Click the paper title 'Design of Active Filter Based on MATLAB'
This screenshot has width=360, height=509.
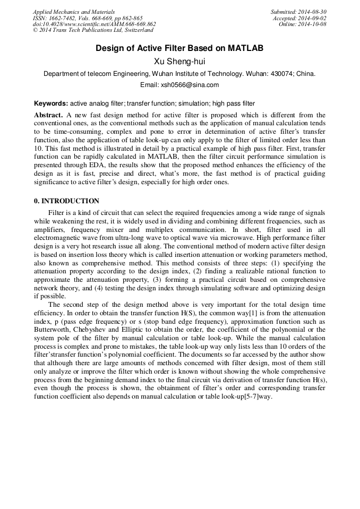click(x=179, y=48)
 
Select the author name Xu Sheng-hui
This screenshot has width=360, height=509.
click(x=179, y=62)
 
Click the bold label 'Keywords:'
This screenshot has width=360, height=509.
click(x=51, y=103)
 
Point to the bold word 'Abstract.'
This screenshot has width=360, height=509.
click(x=49, y=115)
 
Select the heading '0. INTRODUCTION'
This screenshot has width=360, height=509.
click(x=66, y=201)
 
